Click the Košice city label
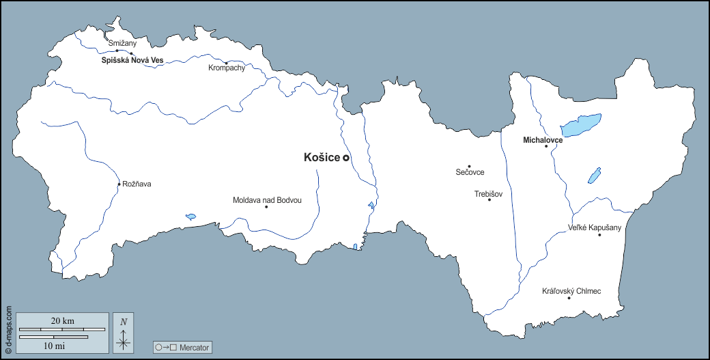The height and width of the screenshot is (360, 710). [x=322, y=158]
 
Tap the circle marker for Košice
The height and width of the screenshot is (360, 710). [x=346, y=158]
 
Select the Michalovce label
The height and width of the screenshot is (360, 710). [x=543, y=140]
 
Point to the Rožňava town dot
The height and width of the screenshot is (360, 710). [x=119, y=184]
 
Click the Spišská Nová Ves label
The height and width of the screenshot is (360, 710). [x=132, y=61]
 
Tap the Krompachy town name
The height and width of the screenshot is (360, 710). [x=227, y=68]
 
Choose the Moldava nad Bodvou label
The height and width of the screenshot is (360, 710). [x=267, y=200]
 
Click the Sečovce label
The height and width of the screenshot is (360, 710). [x=470, y=172]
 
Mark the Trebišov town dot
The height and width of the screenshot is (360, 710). [x=489, y=199]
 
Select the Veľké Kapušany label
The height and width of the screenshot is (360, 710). [x=595, y=227]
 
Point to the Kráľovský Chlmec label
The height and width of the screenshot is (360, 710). [x=571, y=291]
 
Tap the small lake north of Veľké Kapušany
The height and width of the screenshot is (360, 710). [x=594, y=176]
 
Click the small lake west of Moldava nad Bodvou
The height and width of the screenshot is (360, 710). [x=190, y=217]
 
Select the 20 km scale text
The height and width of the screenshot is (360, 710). [x=63, y=321]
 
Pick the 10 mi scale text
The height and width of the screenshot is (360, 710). [x=54, y=346]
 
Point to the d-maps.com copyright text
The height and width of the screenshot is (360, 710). [x=8, y=328]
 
